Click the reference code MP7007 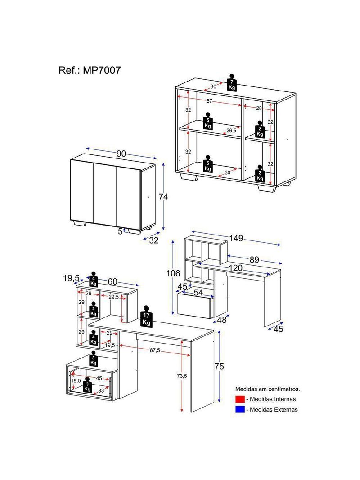102,70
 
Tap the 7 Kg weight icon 232,82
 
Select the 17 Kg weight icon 146,316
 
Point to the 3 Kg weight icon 87,384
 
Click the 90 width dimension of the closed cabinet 121,154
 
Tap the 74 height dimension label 163,196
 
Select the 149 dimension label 236,238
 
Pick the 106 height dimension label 173,273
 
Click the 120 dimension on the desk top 235,268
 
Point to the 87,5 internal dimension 155,350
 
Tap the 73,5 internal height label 182,376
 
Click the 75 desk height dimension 219,366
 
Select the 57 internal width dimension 209,101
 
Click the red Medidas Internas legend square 240,399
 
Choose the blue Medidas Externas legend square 240,409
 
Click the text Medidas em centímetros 267,389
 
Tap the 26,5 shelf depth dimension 231,131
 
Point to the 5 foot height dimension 120,231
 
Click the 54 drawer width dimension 198,293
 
